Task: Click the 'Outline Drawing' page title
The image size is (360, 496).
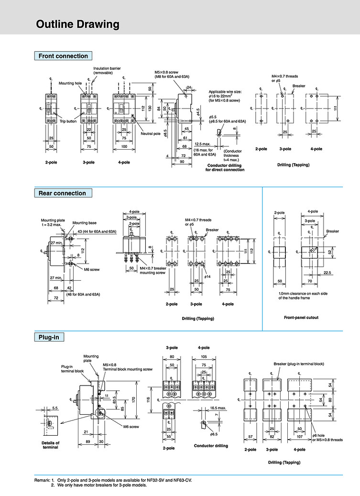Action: pos(78,25)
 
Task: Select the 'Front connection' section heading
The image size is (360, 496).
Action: pos(63,56)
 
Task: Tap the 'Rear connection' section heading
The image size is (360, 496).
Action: pos(62,193)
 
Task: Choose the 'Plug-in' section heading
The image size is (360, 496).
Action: pos(49,337)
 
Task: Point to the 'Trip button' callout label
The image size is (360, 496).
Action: pos(68,121)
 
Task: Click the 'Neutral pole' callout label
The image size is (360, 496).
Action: pos(150,133)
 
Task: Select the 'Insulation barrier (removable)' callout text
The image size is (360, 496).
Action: pos(107,70)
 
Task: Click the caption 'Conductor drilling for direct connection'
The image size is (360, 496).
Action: pos(225,167)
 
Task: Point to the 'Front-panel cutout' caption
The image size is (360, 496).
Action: pos(301,317)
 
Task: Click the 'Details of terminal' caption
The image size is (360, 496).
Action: pos(50,445)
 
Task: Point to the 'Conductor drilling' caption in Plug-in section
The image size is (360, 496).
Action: pos(211,446)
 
